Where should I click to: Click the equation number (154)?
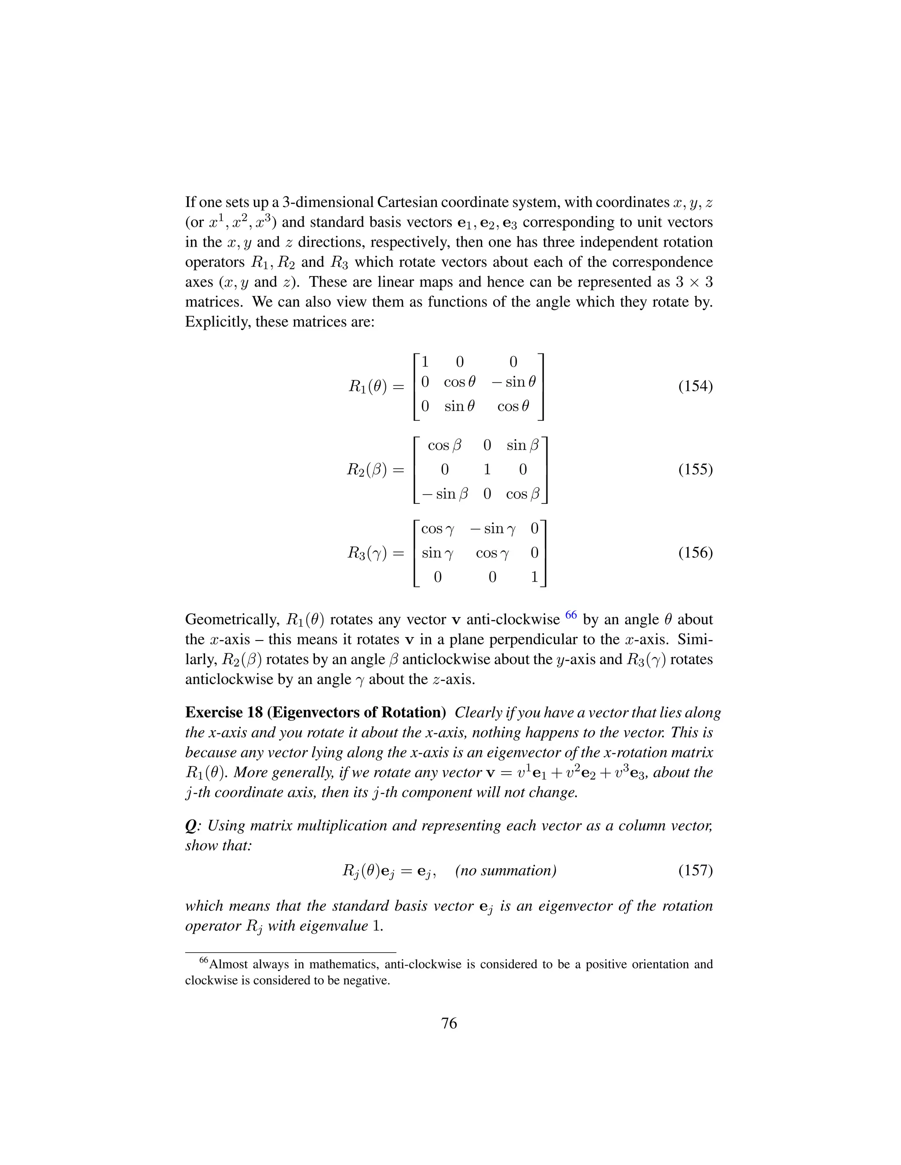(695, 386)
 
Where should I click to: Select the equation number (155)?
(695, 470)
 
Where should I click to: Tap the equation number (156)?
(695, 553)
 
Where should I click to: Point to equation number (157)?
(695, 870)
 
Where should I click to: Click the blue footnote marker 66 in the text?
(571, 615)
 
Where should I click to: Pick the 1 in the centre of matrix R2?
(487, 470)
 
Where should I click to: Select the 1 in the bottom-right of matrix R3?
(534, 577)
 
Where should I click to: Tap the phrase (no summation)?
(506, 870)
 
